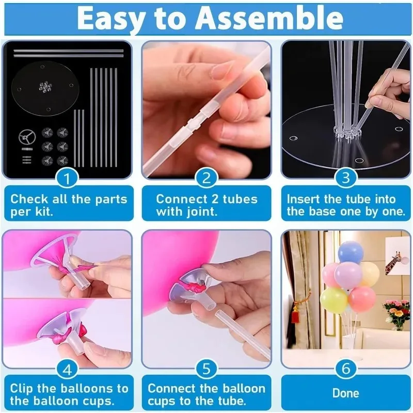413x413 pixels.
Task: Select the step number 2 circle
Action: click(x=206, y=179)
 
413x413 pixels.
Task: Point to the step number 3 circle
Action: click(x=346, y=179)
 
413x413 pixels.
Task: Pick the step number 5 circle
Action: click(x=206, y=369)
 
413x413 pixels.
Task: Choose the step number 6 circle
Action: click(x=346, y=369)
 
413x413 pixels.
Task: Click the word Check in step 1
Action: click(x=29, y=199)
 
